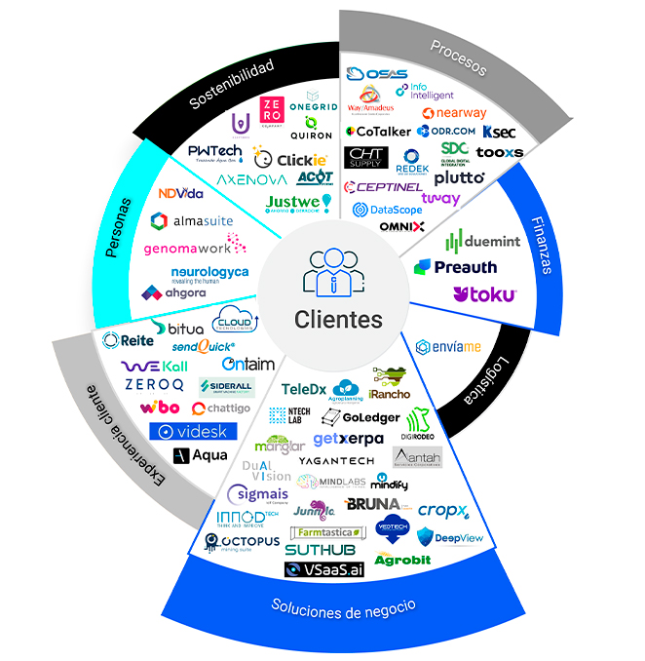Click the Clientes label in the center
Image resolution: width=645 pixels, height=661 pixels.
[339, 320]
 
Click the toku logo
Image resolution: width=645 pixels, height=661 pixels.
[484, 294]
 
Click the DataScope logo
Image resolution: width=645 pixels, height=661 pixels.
[387, 209]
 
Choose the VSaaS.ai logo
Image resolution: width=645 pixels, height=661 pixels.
[323, 569]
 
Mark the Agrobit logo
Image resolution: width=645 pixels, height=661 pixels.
[401, 560]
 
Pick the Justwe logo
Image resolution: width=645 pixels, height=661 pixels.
[298, 203]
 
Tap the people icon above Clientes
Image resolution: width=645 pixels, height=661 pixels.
[335, 273]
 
